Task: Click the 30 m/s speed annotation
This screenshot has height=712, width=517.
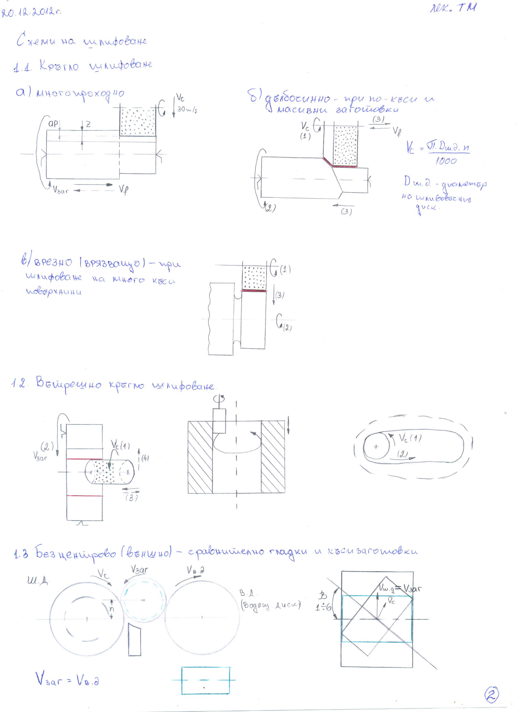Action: [x=187, y=110]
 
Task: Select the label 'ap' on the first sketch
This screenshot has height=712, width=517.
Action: [x=53, y=124]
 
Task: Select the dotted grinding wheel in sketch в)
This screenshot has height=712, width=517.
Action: [x=254, y=277]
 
